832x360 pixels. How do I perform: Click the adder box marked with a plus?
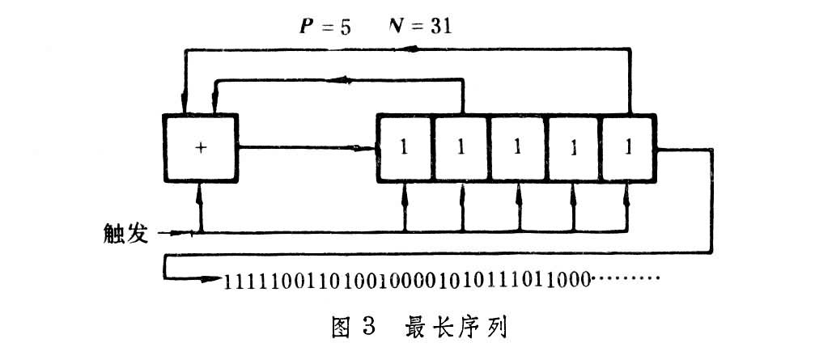click(x=201, y=148)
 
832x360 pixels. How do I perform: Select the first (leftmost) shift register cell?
click(x=405, y=148)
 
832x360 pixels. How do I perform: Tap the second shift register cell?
click(x=461, y=148)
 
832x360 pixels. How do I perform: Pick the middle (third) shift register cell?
click(x=517, y=148)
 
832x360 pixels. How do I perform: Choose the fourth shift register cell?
click(x=573, y=148)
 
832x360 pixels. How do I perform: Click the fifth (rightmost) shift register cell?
click(x=629, y=148)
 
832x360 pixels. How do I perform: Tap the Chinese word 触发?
click(x=126, y=234)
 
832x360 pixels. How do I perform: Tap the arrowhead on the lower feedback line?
click(x=343, y=79)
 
